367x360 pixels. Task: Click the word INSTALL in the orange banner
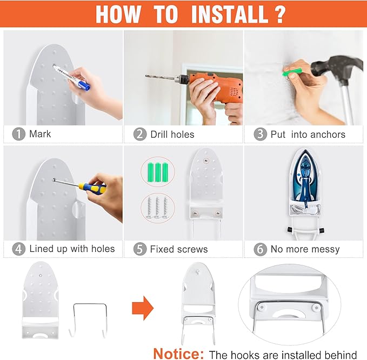(x=230, y=14)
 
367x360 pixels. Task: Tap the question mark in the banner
(x=280, y=14)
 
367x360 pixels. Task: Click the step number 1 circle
(x=18, y=134)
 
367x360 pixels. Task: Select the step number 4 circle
(x=18, y=249)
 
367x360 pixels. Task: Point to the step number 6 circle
(x=261, y=250)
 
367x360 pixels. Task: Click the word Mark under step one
(x=40, y=134)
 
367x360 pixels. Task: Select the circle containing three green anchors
(x=158, y=172)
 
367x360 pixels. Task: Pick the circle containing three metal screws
(x=158, y=208)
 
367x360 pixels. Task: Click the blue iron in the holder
(x=304, y=179)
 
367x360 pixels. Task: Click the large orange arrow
(x=143, y=308)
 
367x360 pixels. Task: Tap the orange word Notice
(x=178, y=354)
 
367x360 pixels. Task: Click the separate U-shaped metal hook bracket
(x=89, y=320)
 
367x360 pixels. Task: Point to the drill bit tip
(x=146, y=76)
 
